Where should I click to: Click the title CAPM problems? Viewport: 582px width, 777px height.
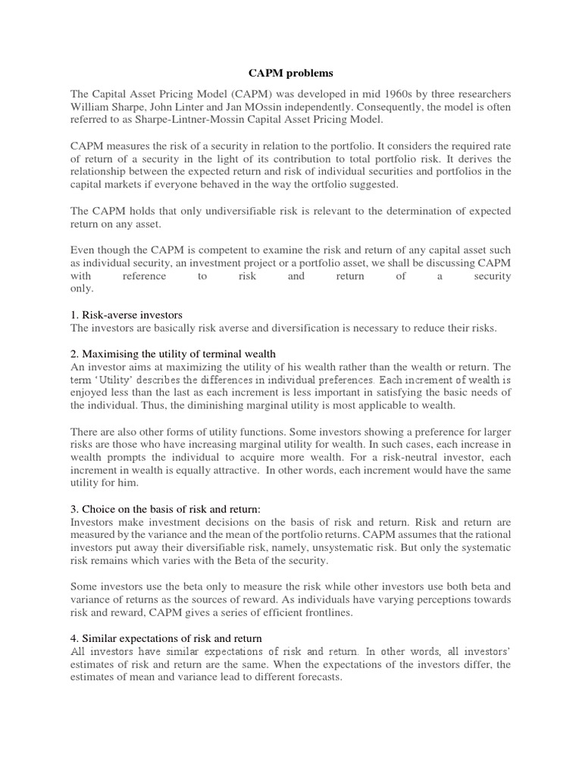[x=290, y=74]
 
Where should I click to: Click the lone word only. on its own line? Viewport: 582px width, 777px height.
[x=82, y=289]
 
